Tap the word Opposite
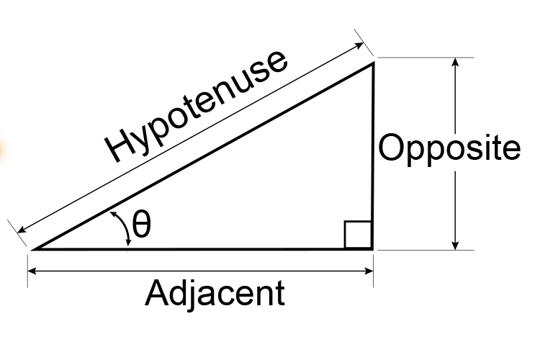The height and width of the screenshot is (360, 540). [449, 149]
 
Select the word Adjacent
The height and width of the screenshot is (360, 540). [215, 294]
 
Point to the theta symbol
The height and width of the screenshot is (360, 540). [142, 226]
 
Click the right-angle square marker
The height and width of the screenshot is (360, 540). [358, 235]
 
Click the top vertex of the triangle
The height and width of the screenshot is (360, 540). [373, 63]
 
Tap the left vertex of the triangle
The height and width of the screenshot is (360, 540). [35, 249]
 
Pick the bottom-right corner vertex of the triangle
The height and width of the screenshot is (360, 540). [372, 248]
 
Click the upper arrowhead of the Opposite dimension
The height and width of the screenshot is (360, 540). [455, 62]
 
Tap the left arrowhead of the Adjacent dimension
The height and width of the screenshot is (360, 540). [33, 271]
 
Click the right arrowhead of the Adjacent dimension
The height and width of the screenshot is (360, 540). [368, 271]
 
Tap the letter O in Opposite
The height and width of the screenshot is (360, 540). [393, 149]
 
